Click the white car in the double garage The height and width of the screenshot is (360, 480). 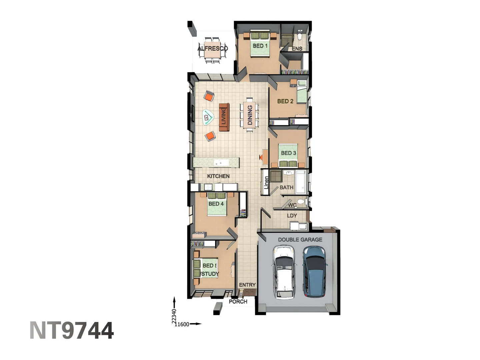point(284,272)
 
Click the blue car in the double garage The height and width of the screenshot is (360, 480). point(315,272)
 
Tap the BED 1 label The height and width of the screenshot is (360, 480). point(260,46)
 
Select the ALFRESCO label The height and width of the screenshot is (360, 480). point(213,48)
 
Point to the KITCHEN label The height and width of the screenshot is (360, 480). point(218,176)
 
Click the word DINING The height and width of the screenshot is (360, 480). point(250,115)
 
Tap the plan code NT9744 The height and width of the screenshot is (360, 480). point(72,331)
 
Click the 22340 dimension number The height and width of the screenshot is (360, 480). point(174,316)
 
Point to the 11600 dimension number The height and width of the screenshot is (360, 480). point(182,324)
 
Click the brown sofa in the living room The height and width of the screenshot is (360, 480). point(224,117)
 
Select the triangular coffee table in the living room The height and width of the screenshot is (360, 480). point(208,117)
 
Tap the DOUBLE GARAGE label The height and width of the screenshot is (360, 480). point(300,239)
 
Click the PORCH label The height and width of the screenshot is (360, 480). point(238,301)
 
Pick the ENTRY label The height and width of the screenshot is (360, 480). point(247,285)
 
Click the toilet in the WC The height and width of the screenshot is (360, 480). point(301,202)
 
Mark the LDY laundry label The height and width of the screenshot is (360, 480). point(292,216)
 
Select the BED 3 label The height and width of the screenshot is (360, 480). point(288,153)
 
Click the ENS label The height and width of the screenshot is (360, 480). point(297,49)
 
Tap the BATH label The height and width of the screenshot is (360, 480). point(287,187)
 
